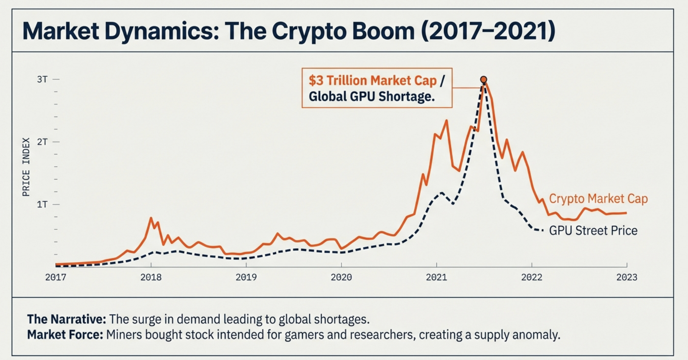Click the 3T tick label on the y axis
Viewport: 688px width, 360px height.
[42, 79]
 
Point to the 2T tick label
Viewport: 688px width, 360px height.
[42, 142]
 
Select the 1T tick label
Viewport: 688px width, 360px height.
[42, 204]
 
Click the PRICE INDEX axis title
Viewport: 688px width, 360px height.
[26, 167]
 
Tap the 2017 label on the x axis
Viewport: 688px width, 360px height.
[56, 277]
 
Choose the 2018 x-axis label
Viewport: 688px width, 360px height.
[151, 277]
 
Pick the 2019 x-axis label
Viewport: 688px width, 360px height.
[246, 277]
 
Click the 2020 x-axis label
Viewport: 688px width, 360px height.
[341, 277]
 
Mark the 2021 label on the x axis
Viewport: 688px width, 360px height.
[436, 277]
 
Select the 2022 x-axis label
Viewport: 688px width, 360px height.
[532, 277]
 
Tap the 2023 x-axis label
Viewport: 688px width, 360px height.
[627, 277]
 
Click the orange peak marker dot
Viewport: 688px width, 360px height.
[484, 79]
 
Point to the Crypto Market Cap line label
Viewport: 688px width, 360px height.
[598, 199]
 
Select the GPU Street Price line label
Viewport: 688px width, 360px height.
[593, 231]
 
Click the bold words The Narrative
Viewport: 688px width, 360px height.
[66, 319]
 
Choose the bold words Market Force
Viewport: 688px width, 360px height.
[65, 335]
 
